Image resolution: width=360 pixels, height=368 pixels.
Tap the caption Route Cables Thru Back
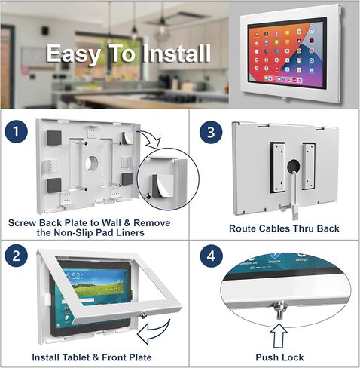[x=283, y=228]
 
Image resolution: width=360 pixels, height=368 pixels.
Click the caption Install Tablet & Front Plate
[x=91, y=357]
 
